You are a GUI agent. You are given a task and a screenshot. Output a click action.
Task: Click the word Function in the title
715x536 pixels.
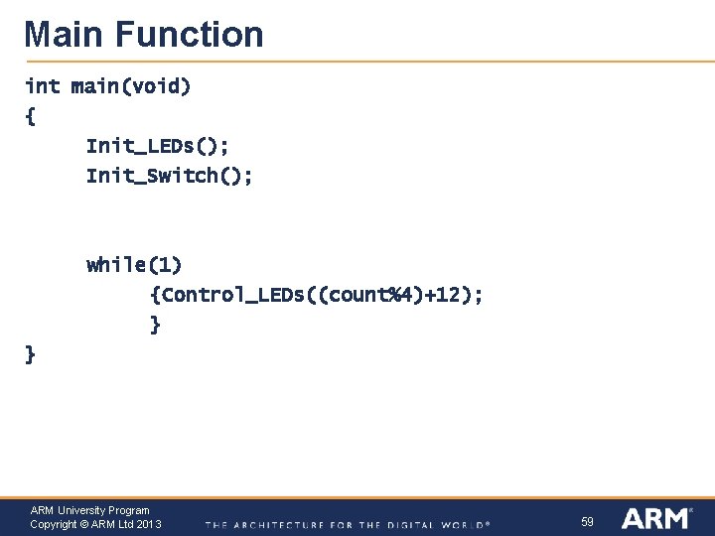click(x=190, y=35)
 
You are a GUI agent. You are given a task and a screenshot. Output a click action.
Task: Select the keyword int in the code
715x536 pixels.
click(x=42, y=86)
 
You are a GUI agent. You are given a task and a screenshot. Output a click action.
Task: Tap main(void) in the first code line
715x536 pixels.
click(x=131, y=86)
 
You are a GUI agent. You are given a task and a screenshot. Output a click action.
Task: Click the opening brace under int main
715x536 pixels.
click(x=30, y=116)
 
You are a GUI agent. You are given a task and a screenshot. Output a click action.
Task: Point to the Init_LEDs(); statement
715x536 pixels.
click(x=158, y=146)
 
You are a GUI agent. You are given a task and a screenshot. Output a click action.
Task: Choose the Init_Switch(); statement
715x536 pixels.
click(x=169, y=176)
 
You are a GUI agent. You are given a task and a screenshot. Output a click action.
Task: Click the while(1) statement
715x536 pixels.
click(x=134, y=265)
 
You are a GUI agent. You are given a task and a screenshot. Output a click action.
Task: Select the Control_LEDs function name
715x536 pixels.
click(x=229, y=295)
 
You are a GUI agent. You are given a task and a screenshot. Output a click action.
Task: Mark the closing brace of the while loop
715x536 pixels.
click(x=154, y=325)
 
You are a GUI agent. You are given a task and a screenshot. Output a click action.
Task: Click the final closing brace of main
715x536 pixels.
click(x=30, y=354)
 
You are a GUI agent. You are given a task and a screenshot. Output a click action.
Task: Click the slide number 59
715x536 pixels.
click(x=587, y=521)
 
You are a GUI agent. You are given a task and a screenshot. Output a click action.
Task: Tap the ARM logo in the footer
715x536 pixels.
click(x=655, y=518)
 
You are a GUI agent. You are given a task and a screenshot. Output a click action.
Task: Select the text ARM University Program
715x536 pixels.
click(x=89, y=510)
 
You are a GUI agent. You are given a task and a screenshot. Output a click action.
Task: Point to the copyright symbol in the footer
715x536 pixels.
click(x=84, y=524)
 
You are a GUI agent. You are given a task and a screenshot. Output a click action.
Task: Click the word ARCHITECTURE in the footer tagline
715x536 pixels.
click(x=274, y=524)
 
